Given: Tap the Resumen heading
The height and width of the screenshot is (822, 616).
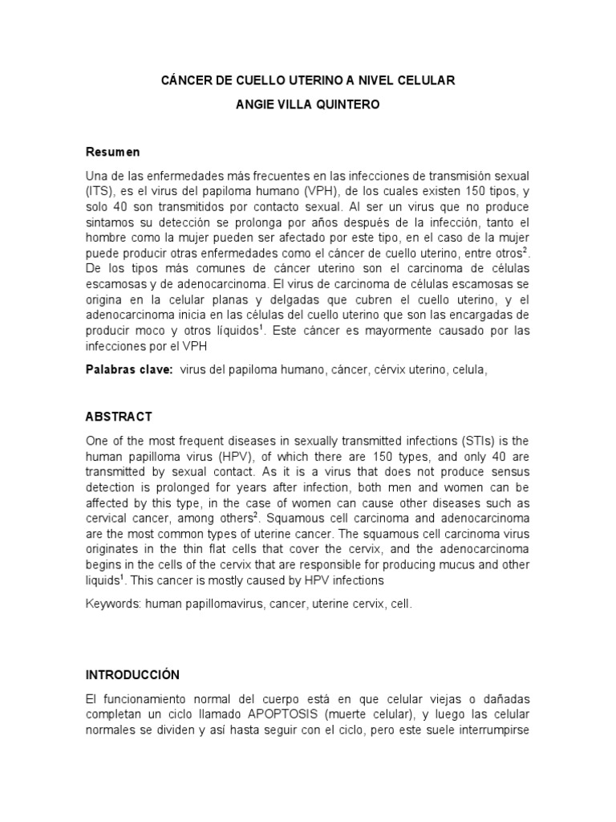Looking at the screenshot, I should tap(113, 152).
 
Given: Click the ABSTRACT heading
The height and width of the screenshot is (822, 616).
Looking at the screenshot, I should tap(119, 417).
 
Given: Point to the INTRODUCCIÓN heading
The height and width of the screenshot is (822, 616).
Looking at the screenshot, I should tap(132, 675).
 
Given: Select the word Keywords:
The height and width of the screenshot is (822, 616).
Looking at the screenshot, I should tap(112, 603).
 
